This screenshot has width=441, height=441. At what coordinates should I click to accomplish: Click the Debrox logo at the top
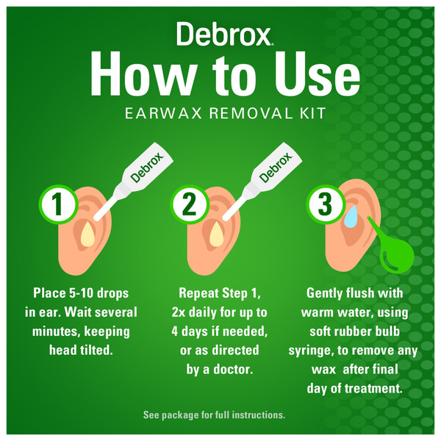[x=225, y=34]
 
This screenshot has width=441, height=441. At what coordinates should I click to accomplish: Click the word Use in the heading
[x=318, y=74]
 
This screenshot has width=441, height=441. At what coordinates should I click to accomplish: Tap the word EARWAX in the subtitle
[x=163, y=113]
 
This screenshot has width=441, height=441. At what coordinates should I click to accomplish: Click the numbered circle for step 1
[x=58, y=204]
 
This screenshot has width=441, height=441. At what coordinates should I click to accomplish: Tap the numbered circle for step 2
[x=190, y=204]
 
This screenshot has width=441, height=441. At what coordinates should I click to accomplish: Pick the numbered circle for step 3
[x=326, y=204]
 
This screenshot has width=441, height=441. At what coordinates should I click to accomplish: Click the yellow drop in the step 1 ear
[x=87, y=234]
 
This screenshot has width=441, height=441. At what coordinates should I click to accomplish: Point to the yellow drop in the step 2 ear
[x=217, y=234]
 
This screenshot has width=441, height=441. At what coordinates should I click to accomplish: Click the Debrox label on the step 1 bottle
[x=147, y=168]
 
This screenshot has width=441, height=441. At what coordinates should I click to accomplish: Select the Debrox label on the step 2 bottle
[x=276, y=168]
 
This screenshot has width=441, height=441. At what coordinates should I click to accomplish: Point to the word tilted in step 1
[x=97, y=351]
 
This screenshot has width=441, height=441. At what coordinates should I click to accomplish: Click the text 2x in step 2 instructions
[x=179, y=312]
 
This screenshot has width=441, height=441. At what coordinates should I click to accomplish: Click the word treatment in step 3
[x=373, y=389]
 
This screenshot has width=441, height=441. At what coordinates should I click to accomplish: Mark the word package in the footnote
[x=180, y=415]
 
